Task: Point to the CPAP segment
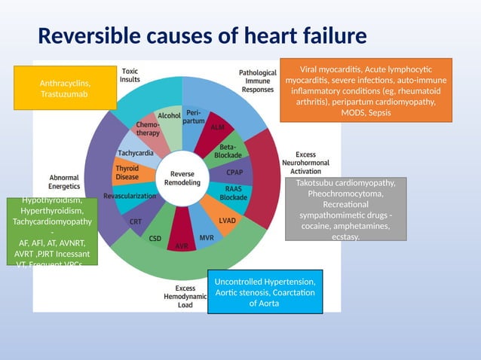pyautogui.click(x=234, y=172)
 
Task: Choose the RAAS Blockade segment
pyautogui.click(x=233, y=194)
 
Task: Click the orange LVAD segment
pyautogui.click(x=227, y=220)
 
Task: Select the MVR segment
pyautogui.click(x=206, y=236)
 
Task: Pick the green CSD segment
pyautogui.click(x=156, y=236)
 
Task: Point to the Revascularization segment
pyautogui.click(x=130, y=196)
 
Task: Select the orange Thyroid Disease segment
pyautogui.click(x=128, y=172)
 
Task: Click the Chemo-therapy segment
pyautogui.click(x=146, y=128)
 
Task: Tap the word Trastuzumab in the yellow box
pyautogui.click(x=66, y=95)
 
